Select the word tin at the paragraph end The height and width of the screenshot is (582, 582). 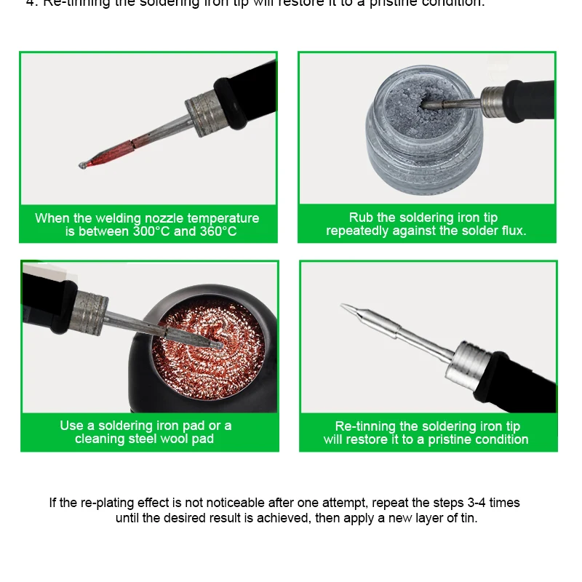point(468,519)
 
